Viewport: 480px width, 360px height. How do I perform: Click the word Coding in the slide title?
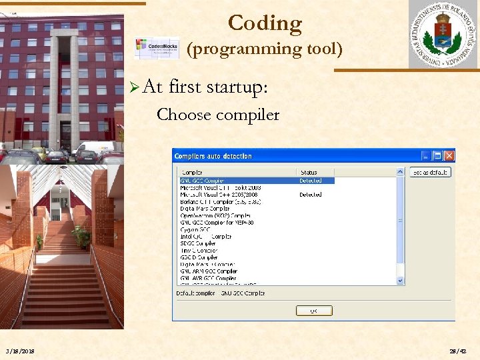(x=265, y=23)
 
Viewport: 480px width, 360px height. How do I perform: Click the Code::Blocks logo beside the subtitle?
(x=157, y=48)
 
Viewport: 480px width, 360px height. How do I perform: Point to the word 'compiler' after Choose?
(x=247, y=115)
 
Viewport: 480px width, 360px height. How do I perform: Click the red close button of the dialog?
(x=449, y=156)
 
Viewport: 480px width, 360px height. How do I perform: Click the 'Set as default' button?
(x=430, y=172)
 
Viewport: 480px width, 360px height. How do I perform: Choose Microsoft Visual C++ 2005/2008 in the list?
(x=220, y=195)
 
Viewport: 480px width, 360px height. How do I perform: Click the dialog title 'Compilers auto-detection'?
(x=213, y=156)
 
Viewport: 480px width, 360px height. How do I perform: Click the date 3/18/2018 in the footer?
(x=20, y=351)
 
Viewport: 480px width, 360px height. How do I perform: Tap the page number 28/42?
(x=458, y=351)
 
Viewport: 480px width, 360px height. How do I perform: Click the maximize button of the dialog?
(x=437, y=156)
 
